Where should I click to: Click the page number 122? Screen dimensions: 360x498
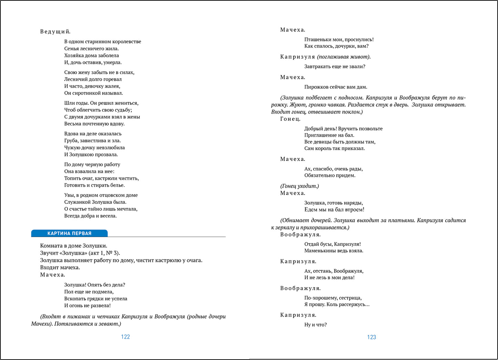125,337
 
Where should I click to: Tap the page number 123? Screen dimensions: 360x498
372,337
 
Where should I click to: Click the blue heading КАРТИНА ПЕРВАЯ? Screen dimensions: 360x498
69,233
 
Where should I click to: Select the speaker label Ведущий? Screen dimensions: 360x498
55,32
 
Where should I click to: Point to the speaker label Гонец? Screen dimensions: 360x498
291,119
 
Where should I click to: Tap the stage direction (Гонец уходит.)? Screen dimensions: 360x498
299,186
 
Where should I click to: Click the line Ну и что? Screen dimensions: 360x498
315,325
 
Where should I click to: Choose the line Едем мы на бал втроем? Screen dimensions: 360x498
334,210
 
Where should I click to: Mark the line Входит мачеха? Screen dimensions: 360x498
60,268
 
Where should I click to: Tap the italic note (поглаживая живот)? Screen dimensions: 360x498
344,57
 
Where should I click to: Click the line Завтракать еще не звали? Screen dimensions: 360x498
335,67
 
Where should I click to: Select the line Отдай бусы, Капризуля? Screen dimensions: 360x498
332,244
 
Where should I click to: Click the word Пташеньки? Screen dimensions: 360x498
318,40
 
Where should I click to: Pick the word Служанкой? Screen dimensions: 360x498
77,202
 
